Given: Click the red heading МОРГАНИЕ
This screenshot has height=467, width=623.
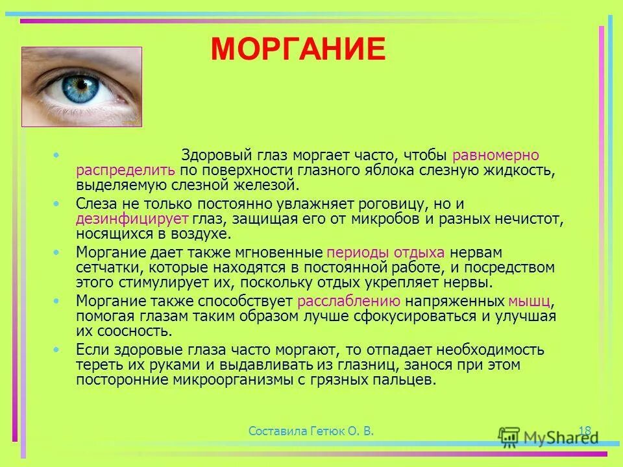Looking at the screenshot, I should click(x=298, y=49).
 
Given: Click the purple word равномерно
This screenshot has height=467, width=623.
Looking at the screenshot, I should click(x=496, y=156).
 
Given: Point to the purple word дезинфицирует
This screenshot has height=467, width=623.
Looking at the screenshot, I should click(x=132, y=219).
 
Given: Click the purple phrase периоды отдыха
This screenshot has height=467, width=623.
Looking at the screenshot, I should click(x=386, y=252).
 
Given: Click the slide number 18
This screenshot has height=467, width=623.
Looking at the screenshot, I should click(x=584, y=430).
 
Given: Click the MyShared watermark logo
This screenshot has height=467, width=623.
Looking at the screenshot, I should click(x=548, y=435).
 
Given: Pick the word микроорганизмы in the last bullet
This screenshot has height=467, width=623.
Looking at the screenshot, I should click(x=229, y=381).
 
